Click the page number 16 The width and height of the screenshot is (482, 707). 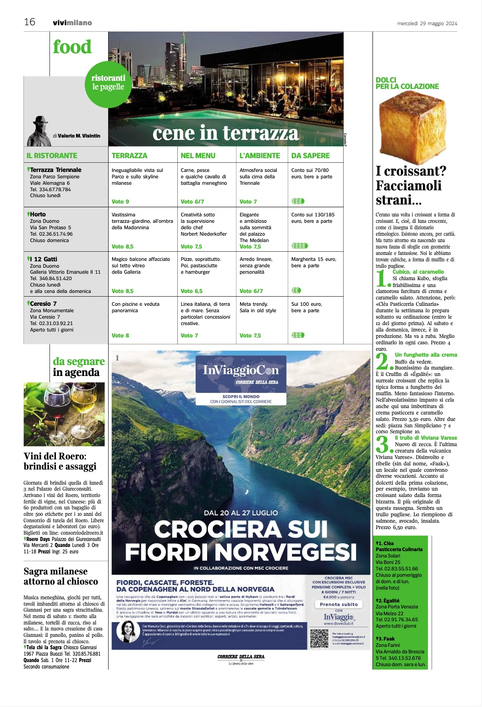click(30, 22)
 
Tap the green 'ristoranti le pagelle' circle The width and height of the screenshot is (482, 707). click(108, 84)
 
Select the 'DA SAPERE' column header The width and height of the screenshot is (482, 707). click(310, 156)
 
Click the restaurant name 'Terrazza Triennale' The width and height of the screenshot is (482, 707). click(55, 170)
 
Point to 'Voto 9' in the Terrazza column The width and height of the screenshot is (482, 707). click(120, 202)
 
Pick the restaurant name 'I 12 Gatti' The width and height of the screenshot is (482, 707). click(45, 259)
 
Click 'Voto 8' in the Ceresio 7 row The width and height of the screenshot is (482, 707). click(120, 336)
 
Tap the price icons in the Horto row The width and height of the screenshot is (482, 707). click(300, 246)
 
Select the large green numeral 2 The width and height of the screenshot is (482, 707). click(383, 361)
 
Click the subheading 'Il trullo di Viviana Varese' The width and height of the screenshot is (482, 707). click(426, 438)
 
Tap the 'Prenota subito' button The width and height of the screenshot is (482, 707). click(339, 604)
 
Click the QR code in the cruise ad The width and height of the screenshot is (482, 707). click(319, 639)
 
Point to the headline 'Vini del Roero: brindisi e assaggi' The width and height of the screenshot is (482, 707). click(60, 461)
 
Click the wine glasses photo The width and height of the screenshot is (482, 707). click(64, 414)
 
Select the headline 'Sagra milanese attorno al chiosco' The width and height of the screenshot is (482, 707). click(61, 576)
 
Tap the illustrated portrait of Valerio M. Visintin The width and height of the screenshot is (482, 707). click(39, 131)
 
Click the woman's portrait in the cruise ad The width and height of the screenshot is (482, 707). click(128, 632)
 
